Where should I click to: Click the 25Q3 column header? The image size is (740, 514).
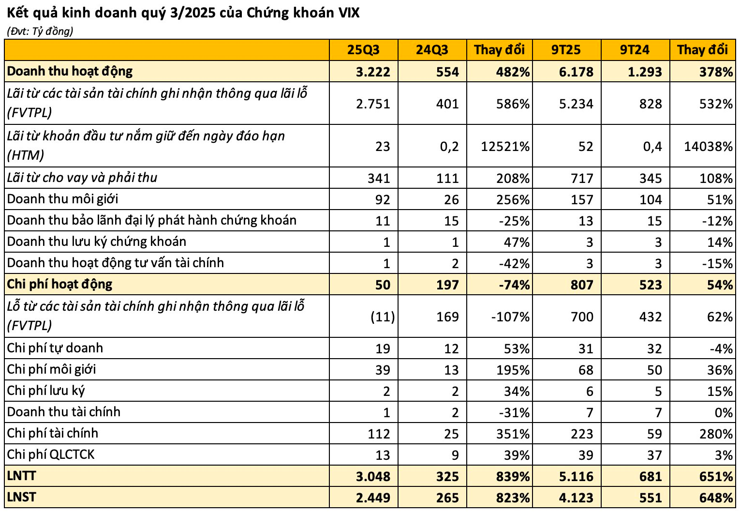pos(363,50)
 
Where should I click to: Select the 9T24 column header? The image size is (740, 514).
pos(635,50)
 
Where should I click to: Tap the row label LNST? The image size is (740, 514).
pos(22,497)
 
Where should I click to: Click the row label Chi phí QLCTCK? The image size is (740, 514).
pos(51,454)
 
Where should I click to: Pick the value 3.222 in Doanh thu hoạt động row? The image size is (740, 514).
pos(373,72)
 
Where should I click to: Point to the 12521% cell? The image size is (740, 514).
pos(505,146)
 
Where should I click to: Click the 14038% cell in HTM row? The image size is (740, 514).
pos(708,146)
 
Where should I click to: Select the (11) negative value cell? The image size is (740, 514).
pos(383,317)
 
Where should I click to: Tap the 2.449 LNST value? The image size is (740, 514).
pos(373,498)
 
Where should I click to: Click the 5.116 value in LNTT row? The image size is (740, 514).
pos(576,476)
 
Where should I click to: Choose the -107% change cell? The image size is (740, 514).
pos(510,317)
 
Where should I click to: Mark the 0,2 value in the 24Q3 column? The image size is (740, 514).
pos(449,146)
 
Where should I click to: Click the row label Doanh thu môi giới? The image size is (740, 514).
pos(63,199)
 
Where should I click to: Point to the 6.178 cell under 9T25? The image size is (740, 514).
pos(576,72)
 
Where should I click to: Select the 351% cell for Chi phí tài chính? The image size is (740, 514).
pos(513,434)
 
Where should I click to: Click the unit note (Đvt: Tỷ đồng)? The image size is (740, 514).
pos(40,31)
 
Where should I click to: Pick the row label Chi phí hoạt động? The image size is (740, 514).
pos(59,284)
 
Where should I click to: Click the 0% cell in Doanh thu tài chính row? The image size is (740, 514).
pos(723,412)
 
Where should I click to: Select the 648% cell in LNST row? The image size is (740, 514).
pos(716,498)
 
